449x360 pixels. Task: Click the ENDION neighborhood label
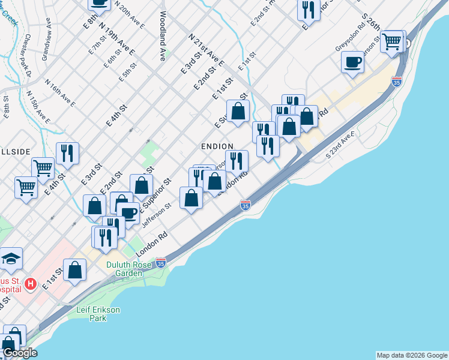coord(217,146)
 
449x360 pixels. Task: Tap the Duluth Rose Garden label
coord(133,268)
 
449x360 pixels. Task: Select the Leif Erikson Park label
coord(98,313)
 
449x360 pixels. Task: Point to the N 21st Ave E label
coord(206,49)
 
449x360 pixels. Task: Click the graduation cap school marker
coord(11,259)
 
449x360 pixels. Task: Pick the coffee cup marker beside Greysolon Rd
coord(353,62)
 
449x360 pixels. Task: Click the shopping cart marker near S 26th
coord(392,41)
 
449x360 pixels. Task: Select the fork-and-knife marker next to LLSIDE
coord(67,154)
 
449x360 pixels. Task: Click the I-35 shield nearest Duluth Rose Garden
coord(160,263)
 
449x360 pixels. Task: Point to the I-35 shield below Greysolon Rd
coord(396,82)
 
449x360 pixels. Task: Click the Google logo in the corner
coord(20,353)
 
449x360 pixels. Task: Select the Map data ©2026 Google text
coord(412,355)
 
